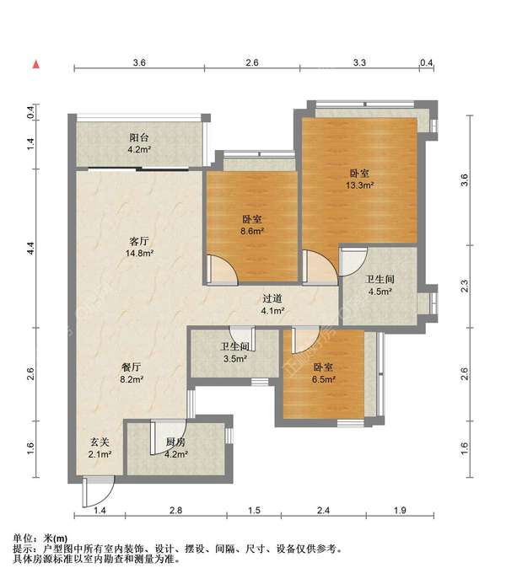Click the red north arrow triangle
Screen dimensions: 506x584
click(36, 65)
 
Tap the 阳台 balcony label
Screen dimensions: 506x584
click(139, 137)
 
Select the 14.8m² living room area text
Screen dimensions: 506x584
click(140, 254)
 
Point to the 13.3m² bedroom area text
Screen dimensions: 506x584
click(360, 185)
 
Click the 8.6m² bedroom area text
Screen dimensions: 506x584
click(252, 231)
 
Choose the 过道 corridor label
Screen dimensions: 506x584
click(272, 298)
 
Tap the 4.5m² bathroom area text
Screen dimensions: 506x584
click(380, 292)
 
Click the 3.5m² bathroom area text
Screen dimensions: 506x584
click(235, 359)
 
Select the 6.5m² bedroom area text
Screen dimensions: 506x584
click(324, 379)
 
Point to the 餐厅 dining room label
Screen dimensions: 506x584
click(132, 367)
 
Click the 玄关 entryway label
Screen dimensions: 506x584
click(100, 442)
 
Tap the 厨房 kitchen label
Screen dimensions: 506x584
click(176, 442)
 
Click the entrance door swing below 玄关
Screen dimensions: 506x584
click(99, 492)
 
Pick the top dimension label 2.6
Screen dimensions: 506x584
click(252, 62)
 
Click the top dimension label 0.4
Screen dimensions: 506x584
click(426, 62)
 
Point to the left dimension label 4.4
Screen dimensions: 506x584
click(31, 249)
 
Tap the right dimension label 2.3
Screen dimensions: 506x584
click(465, 287)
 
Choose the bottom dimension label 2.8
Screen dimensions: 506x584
click(176, 510)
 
